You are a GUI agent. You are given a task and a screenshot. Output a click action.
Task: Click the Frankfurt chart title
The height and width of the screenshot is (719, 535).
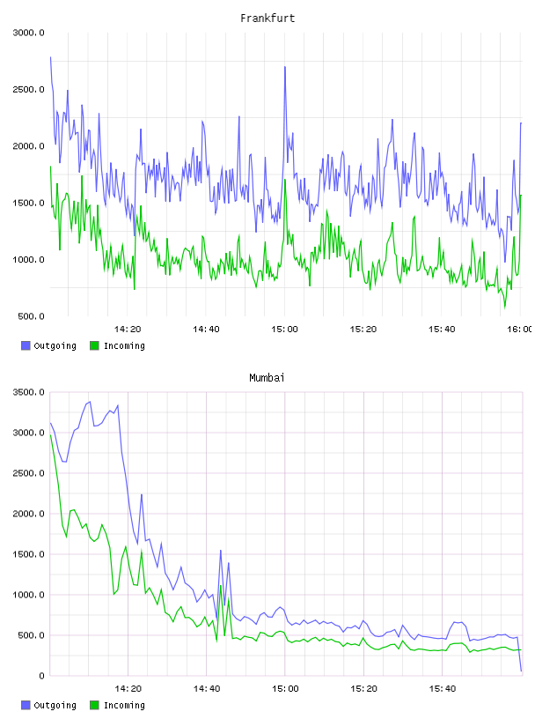[267, 19]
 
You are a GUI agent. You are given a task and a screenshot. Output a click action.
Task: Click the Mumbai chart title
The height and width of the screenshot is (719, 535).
[267, 378]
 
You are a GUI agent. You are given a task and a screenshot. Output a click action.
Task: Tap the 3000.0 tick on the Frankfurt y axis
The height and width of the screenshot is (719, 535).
[28, 33]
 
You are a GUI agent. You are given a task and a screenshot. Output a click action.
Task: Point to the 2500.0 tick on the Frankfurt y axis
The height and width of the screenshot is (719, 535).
[28, 89]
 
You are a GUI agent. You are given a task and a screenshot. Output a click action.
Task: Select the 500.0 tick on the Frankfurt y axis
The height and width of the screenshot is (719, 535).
[31, 316]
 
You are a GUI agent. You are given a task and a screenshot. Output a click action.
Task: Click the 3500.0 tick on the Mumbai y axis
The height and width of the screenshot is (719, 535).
[28, 392]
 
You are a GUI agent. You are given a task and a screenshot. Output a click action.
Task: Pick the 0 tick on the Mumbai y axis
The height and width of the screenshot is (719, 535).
[42, 676]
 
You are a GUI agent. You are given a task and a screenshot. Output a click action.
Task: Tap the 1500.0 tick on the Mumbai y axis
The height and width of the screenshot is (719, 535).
[28, 554]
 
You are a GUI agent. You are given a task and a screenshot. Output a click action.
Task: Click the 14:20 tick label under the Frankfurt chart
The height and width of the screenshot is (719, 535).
[128, 330]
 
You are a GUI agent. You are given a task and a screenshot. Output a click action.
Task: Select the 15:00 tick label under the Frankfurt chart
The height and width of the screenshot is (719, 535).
[284, 330]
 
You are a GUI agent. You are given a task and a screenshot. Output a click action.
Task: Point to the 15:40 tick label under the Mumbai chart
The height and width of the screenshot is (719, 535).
[442, 689]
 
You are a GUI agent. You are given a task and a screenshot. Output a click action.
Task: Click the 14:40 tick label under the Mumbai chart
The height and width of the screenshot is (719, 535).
[206, 689]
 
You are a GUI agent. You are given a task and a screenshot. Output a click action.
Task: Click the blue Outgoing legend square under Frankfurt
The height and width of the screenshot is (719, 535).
[26, 345]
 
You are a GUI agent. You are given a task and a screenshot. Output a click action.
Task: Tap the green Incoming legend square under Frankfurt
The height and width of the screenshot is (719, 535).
[94, 345]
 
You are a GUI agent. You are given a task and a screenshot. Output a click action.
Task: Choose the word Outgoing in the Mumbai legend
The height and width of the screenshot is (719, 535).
[55, 705]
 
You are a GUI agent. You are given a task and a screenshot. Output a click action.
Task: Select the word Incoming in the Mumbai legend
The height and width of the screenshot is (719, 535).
[124, 705]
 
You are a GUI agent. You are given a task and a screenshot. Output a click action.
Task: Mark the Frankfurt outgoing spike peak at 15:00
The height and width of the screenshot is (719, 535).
[285, 67]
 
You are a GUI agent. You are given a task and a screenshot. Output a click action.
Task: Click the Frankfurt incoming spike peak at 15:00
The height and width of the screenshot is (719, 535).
[285, 180]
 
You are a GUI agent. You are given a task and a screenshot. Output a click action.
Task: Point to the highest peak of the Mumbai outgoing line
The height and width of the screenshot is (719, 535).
[90, 402]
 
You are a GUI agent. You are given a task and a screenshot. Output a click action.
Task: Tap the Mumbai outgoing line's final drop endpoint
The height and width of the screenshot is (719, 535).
[521, 671]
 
